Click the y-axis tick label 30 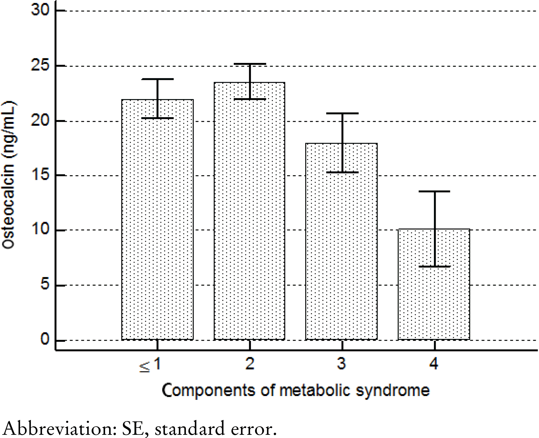(40, 10)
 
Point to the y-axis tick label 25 (40, 65)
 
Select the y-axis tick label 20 (40, 120)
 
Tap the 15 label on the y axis (40, 175)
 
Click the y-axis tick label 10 (40, 229)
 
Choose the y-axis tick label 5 (45, 284)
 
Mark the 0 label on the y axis (45, 339)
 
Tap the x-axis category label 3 (342, 364)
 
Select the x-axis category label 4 (434, 364)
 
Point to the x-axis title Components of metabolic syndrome (296, 390)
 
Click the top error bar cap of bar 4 (435, 191)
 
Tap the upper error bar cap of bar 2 (250, 64)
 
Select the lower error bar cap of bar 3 (342, 173)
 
